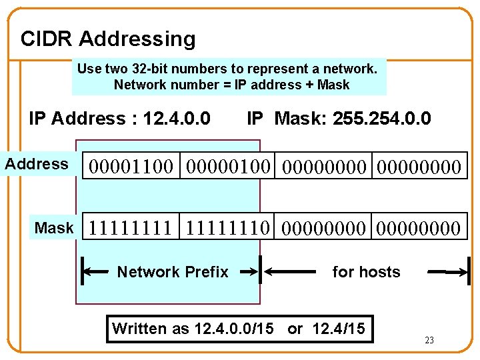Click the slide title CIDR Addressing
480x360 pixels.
pyautogui.click(x=108, y=39)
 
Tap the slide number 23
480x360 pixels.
pyautogui.click(x=429, y=341)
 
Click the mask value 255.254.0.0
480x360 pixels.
pyautogui.click(x=382, y=119)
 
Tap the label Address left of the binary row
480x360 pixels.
pyautogui.click(x=37, y=164)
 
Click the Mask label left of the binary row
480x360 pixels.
pyautogui.click(x=54, y=228)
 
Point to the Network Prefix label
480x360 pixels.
pyautogui.click(x=173, y=272)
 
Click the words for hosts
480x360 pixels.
pyautogui.click(x=366, y=272)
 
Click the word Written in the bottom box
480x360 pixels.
pyautogui.click(x=139, y=329)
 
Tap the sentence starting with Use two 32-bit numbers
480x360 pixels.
pyautogui.click(x=227, y=69)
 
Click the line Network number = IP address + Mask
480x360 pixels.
pyautogui.click(x=231, y=85)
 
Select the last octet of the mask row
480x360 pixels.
pyautogui.click(x=418, y=229)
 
